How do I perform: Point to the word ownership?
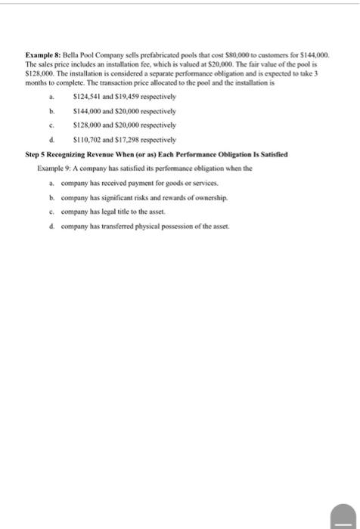tap(208, 197)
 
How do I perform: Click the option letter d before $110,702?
tap(51, 140)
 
